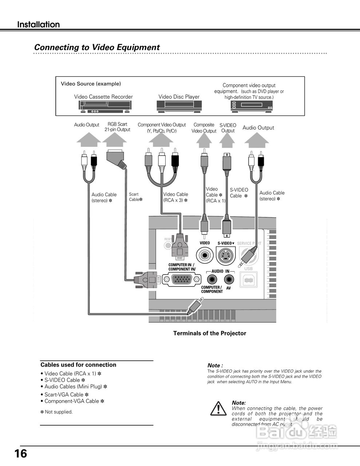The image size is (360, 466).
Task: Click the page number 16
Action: coord(21,454)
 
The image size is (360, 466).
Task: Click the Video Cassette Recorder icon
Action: coord(105,106)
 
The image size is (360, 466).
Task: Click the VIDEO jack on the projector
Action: coord(205,255)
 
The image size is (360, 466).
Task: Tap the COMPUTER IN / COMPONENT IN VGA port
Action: coord(182,280)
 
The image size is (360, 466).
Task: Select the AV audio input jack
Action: coord(229,280)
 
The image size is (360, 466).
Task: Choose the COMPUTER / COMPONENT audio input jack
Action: coord(212,280)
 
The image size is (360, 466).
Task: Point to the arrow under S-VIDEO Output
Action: coord(228,139)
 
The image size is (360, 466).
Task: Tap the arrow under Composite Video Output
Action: coord(204,140)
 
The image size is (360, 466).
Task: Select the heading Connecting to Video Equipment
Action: coord(97,47)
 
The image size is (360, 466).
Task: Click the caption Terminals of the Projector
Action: coord(210,333)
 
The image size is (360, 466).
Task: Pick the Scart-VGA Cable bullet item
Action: coord(64,395)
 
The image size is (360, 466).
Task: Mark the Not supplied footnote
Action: coord(56,412)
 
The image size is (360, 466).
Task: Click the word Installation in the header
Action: coord(39,25)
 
